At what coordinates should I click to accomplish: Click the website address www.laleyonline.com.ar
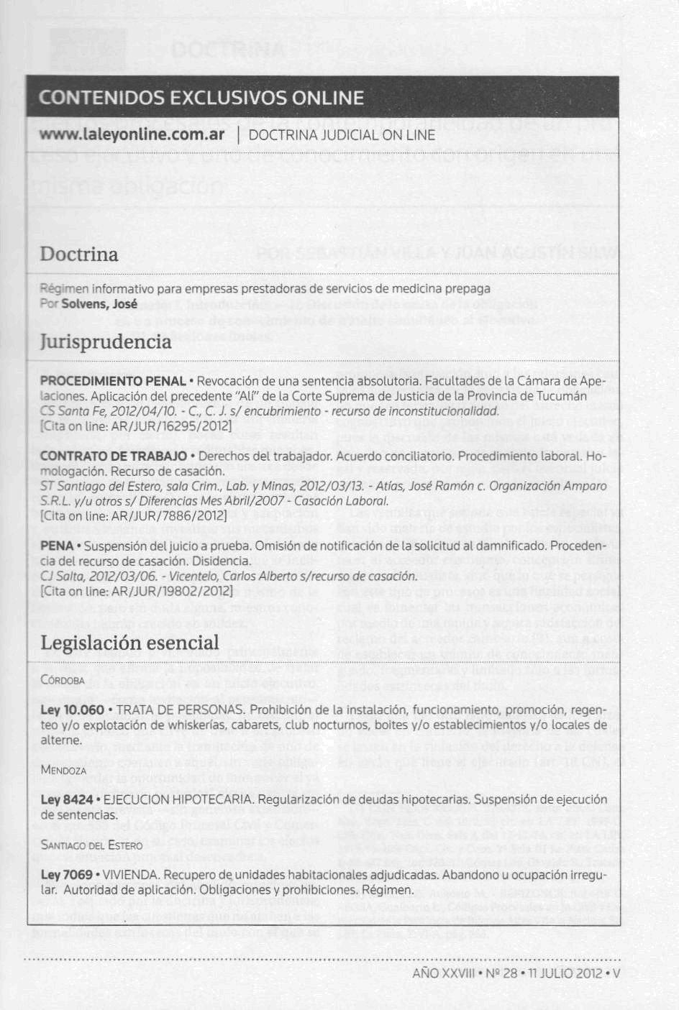click(x=132, y=135)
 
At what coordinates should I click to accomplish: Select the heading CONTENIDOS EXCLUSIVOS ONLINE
click(x=201, y=98)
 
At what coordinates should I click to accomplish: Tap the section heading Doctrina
click(x=79, y=254)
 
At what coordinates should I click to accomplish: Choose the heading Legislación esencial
click(x=129, y=642)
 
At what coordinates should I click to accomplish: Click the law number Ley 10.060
click(x=73, y=710)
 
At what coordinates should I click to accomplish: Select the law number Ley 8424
click(x=67, y=799)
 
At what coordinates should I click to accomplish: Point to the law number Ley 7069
click(x=67, y=875)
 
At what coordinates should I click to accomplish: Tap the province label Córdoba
click(x=63, y=680)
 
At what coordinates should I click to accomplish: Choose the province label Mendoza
click(x=63, y=770)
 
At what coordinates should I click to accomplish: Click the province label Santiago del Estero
click(x=91, y=845)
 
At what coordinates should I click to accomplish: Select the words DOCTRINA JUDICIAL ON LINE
click(x=342, y=135)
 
